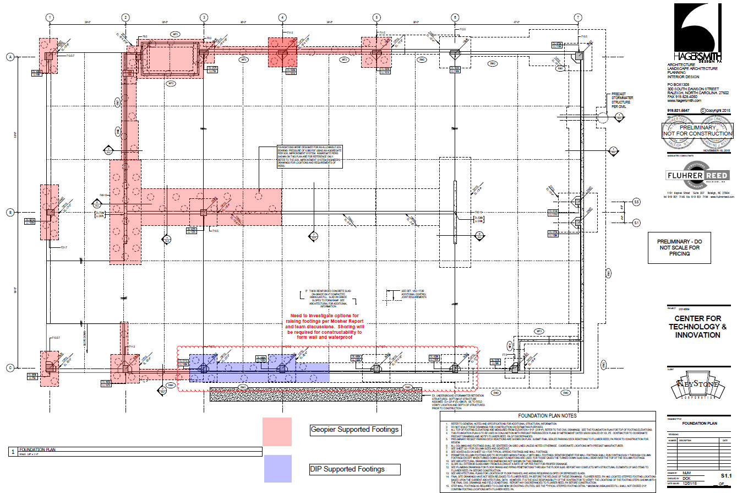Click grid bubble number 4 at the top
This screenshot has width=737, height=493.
tap(282, 18)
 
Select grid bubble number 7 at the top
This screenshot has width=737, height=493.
tap(578, 18)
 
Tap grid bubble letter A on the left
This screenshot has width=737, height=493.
tap(10, 56)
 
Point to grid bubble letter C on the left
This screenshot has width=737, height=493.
tap(10, 368)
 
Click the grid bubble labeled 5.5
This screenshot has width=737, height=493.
tap(636, 202)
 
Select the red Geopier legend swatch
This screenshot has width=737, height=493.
tap(277, 432)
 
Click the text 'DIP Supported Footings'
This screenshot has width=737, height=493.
tap(347, 469)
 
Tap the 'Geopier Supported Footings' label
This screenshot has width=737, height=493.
tap(354, 430)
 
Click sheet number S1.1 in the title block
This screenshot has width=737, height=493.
tap(725, 475)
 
